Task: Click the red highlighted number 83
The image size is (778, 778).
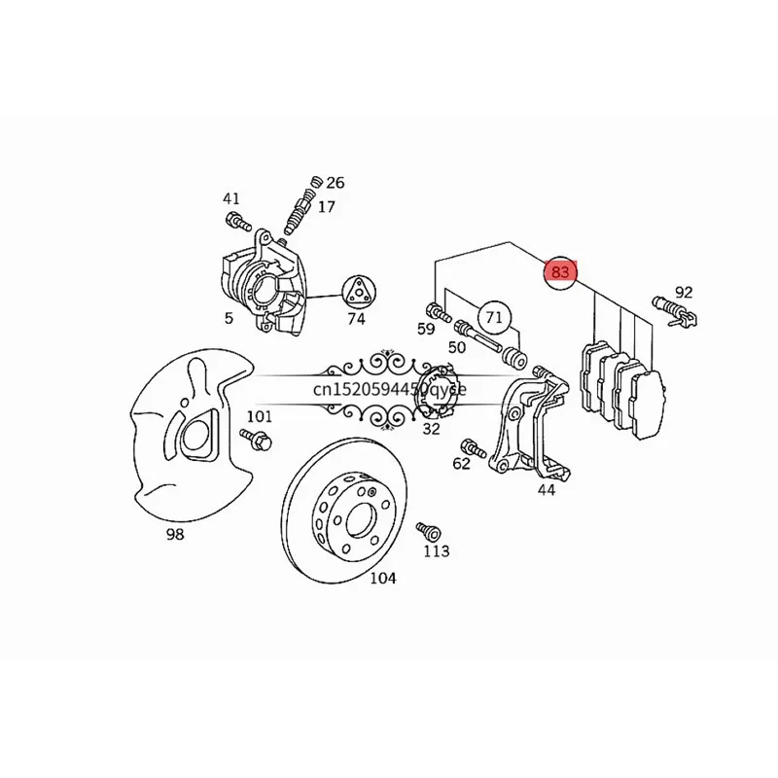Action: click(x=560, y=271)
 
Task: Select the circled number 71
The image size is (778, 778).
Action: click(x=495, y=317)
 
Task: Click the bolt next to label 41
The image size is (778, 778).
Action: click(x=233, y=221)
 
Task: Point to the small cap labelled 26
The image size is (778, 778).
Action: click(x=315, y=182)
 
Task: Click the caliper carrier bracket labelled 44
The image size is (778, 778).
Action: click(x=525, y=428)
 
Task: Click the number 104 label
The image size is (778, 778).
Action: click(x=383, y=578)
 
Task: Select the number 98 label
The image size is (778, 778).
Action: click(x=174, y=534)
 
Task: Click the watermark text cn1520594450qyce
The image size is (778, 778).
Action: click(x=389, y=388)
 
